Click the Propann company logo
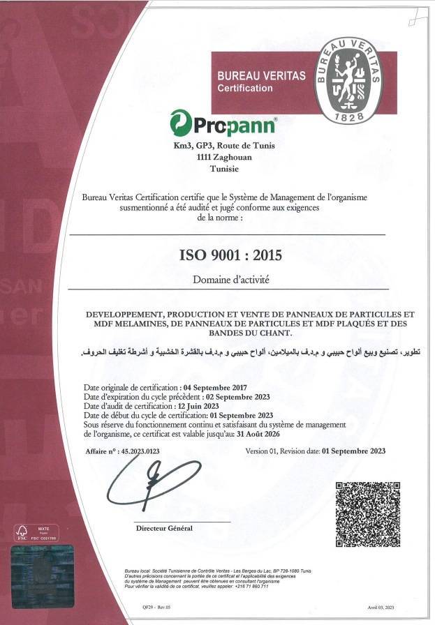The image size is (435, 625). click(x=223, y=123)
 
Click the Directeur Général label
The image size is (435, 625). click(x=164, y=528)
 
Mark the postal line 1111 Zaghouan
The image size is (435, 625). click(x=224, y=158)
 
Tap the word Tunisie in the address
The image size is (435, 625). click(x=224, y=169)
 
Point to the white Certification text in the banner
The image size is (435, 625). click(x=245, y=89)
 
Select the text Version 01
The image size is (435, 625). click(x=264, y=451)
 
